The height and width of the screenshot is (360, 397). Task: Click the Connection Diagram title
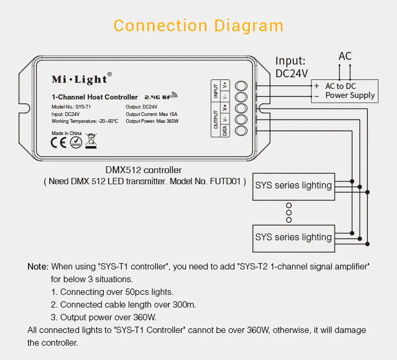[198, 25]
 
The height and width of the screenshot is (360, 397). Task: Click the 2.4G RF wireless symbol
[161, 97]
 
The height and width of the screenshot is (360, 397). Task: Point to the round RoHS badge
[76, 142]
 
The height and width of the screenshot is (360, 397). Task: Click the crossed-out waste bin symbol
[92, 140]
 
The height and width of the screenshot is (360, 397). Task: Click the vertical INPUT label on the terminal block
[216, 91]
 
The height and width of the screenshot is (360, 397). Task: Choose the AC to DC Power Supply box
[344, 91]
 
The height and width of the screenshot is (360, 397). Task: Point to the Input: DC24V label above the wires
[291, 67]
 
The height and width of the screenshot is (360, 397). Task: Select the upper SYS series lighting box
[293, 186]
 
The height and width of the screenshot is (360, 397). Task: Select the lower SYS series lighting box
[293, 237]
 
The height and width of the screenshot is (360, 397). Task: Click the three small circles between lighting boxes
[288, 212]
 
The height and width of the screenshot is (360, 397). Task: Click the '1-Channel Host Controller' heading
[95, 97]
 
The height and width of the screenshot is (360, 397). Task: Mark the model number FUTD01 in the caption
[226, 182]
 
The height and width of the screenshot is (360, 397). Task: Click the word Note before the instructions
[38, 266]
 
